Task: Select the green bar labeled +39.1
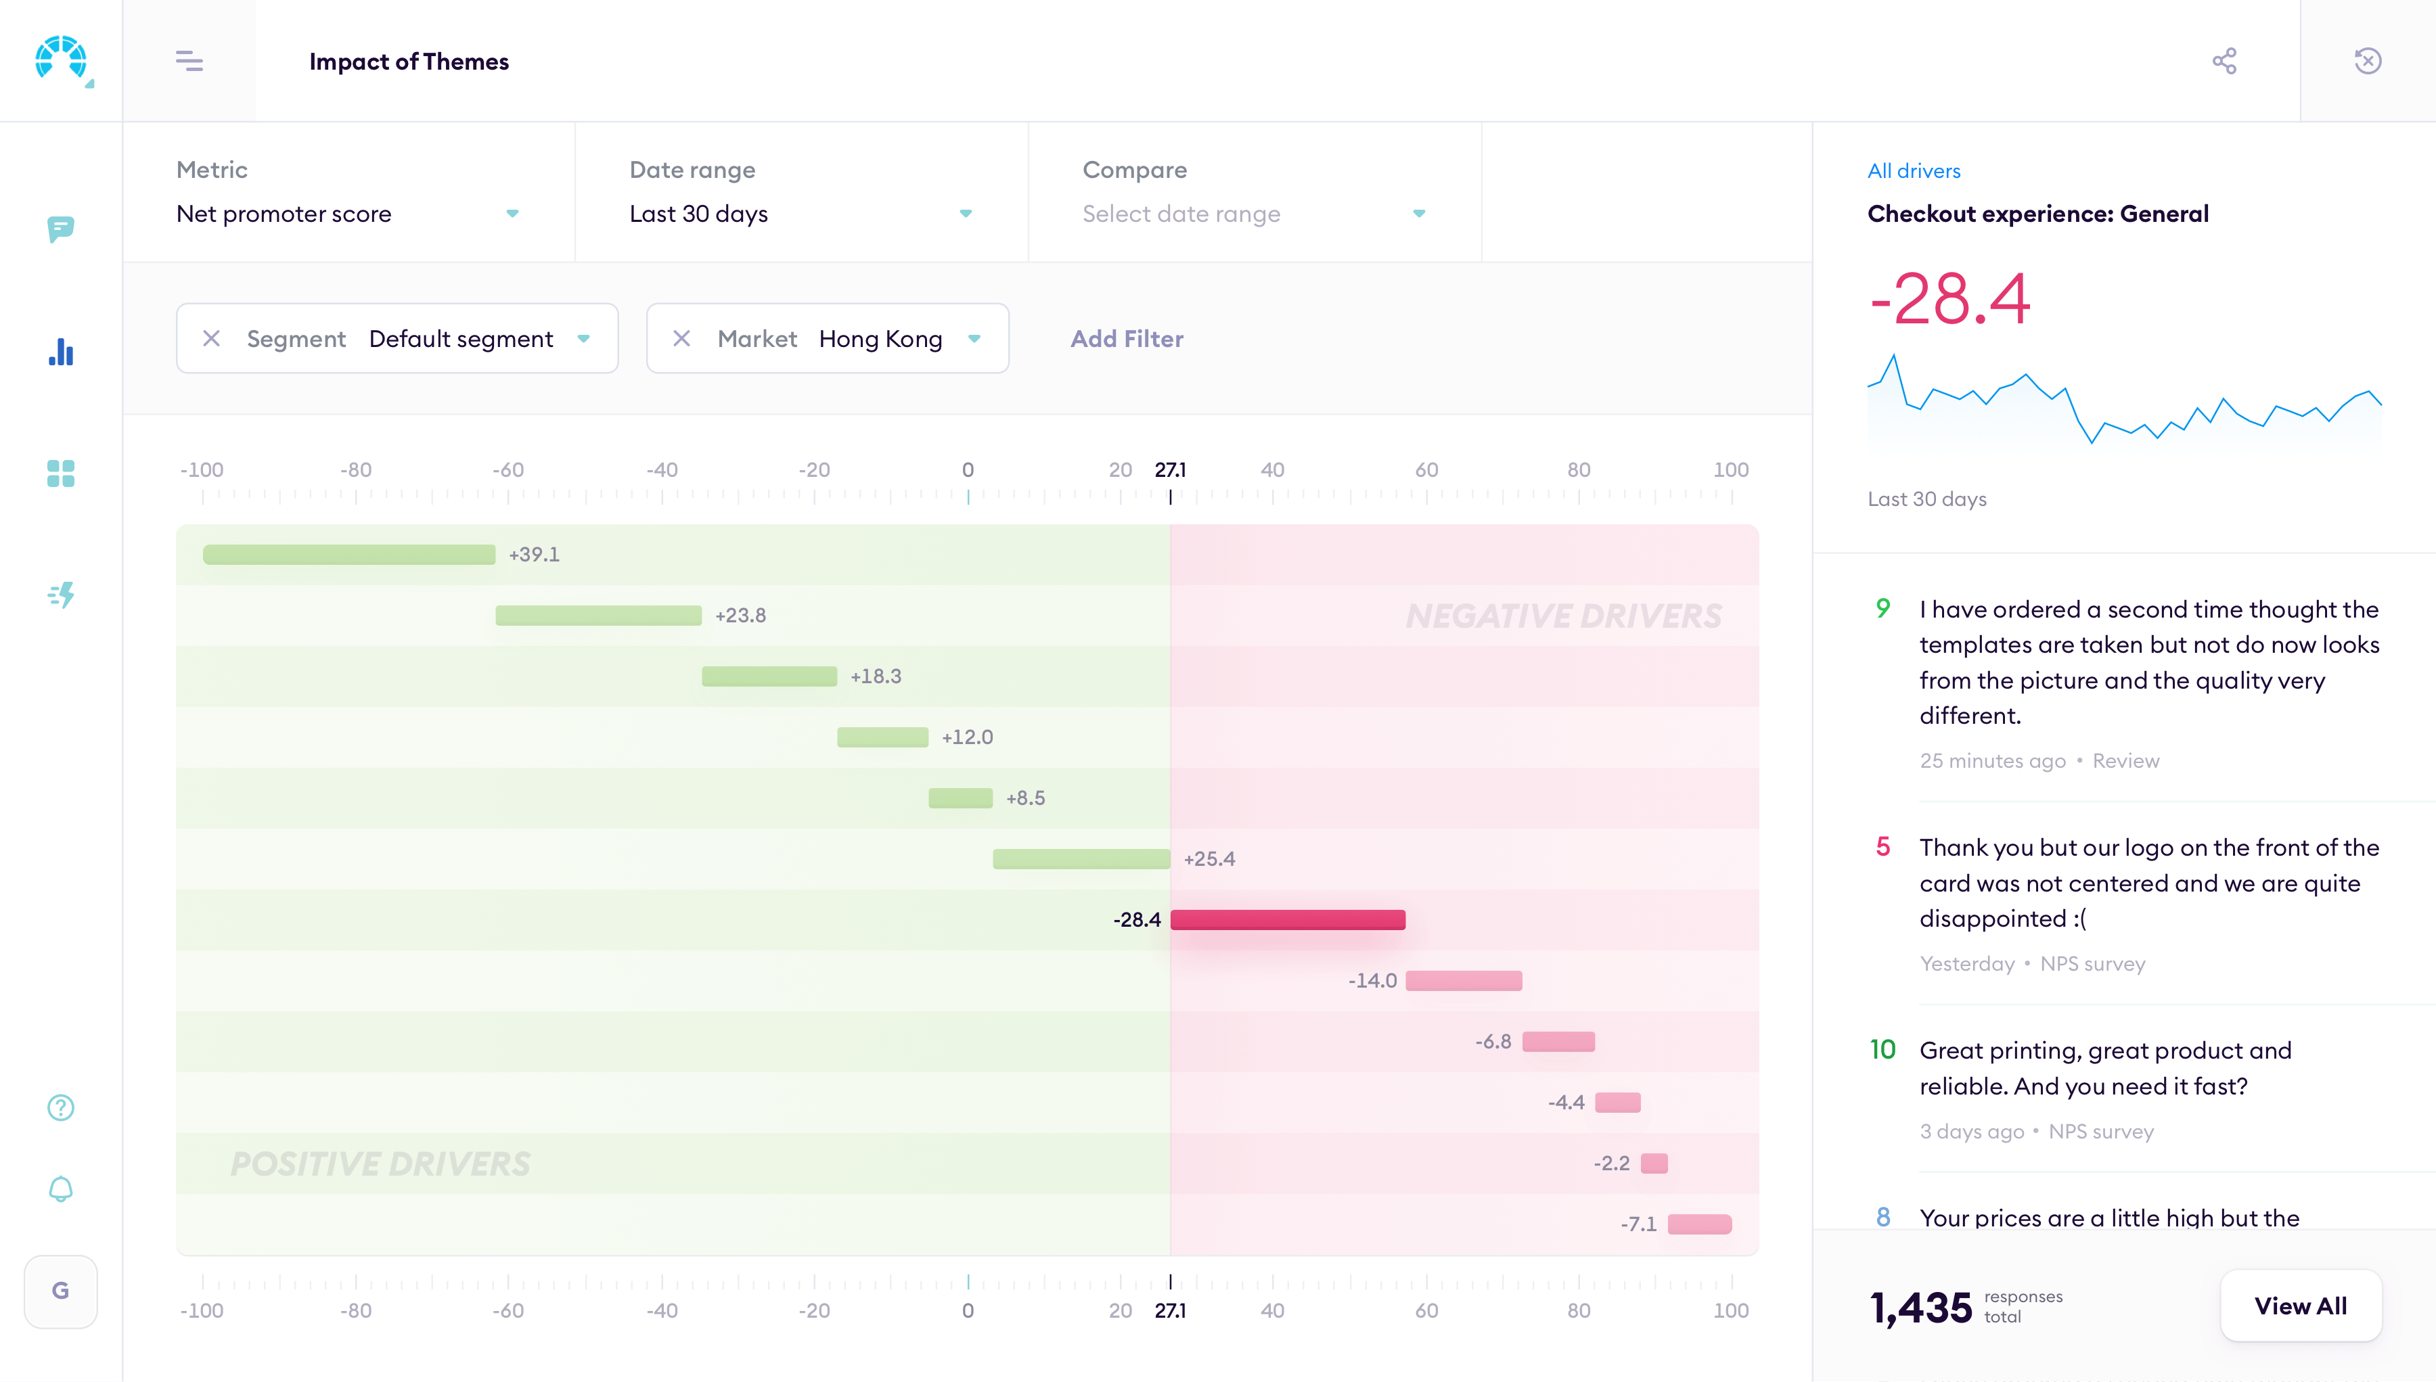pos(348,554)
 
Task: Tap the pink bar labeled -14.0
pos(1463,980)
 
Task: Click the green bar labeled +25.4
pos(1081,859)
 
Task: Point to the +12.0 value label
pos(966,737)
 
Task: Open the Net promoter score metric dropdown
pos(346,214)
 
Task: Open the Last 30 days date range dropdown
pos(800,214)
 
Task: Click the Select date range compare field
pos(1253,214)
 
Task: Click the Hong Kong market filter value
pos(881,339)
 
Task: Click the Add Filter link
pos(1127,339)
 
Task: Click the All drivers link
pos(1913,171)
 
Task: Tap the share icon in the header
pos(2224,61)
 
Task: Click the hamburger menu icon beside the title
pos(189,61)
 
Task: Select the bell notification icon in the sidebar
pos(61,1189)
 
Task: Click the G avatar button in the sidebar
pos(61,1291)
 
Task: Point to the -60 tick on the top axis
pos(508,470)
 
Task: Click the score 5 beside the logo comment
pos(1882,847)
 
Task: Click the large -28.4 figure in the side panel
pos(1949,300)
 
